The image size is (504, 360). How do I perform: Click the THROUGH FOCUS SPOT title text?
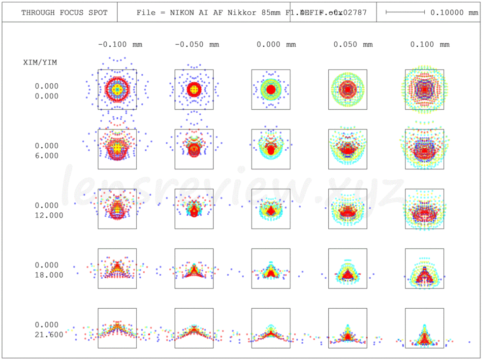[64, 12]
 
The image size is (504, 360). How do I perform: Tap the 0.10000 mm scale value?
[454, 12]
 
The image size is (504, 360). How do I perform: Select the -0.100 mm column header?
[120, 44]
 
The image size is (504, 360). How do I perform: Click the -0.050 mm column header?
[197, 44]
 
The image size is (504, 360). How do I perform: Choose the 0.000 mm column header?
[276, 44]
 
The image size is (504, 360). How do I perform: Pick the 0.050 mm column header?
[353, 44]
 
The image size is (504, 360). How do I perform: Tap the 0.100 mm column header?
[430, 44]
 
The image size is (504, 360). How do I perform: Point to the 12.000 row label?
[49, 215]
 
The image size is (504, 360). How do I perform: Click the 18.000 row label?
[49, 275]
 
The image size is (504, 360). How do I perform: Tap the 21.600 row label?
[49, 334]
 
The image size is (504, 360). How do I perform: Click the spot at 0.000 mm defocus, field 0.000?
[270, 90]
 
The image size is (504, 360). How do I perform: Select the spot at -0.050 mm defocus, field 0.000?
[194, 90]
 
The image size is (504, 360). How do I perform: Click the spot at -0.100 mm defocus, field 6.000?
[117, 147]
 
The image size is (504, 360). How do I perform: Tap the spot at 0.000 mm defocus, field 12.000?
[270, 210]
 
